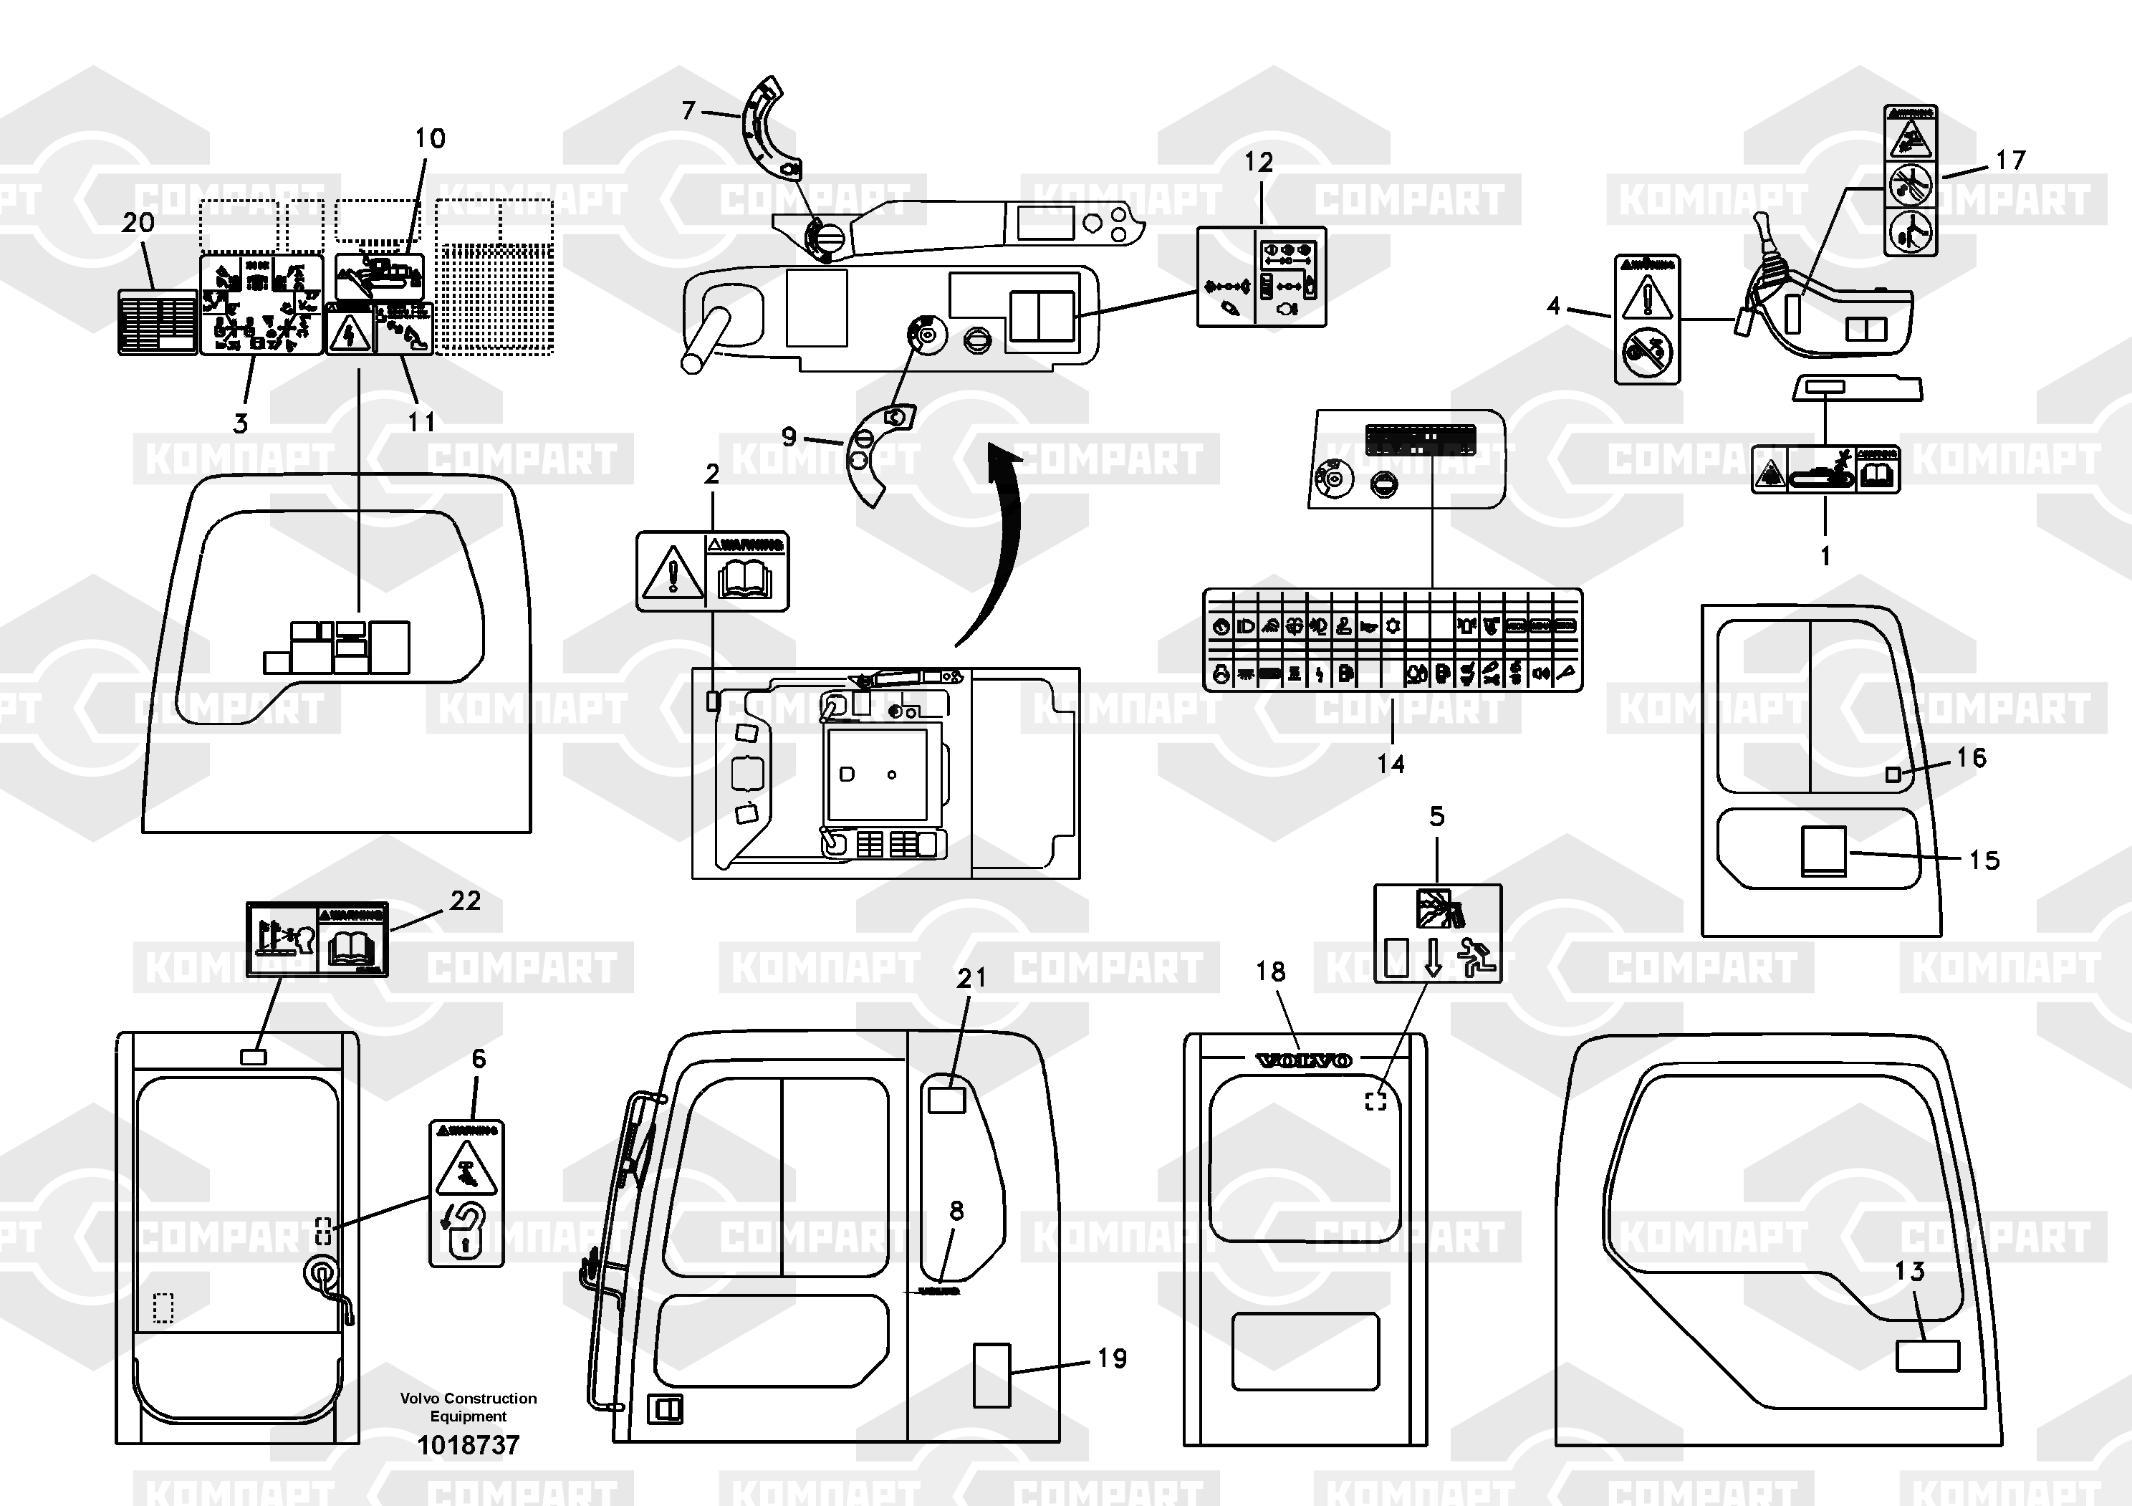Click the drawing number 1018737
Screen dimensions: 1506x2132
coord(468,1444)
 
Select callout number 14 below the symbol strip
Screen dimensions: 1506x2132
coord(1390,764)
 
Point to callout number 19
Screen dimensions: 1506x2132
coord(1112,1358)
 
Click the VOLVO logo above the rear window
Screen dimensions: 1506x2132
coord(1304,1060)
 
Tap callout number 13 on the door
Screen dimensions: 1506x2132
coord(1909,1271)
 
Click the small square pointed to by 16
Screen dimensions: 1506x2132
coord(1893,774)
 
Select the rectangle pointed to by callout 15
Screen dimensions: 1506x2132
coord(1824,850)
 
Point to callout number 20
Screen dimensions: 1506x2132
coord(138,223)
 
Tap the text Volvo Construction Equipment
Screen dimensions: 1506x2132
coord(468,1406)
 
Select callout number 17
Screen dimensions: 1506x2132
coord(2010,160)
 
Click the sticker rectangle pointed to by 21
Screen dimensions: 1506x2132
coord(947,1100)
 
